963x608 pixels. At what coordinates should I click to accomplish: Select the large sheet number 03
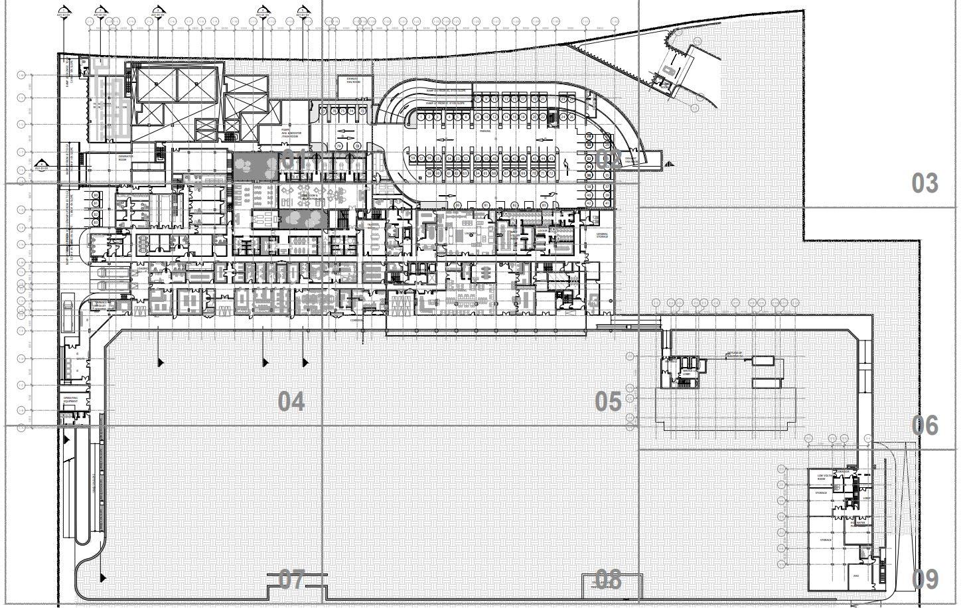925,183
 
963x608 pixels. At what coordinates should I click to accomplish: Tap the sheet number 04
291,402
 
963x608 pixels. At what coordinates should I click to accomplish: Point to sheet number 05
608,402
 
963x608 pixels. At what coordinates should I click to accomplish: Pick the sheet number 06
925,425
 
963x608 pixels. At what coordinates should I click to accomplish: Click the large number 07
291,580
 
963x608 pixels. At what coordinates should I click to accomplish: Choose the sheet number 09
925,580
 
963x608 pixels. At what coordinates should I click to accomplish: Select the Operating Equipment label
70,400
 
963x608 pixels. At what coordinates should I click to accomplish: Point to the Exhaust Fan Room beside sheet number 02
632,159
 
